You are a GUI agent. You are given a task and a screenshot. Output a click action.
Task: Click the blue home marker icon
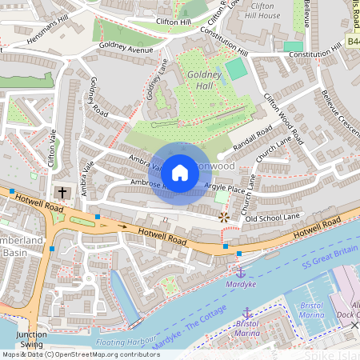pyautogui.click(x=180, y=173)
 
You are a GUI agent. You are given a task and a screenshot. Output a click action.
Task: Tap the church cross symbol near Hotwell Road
pyautogui.click(x=62, y=193)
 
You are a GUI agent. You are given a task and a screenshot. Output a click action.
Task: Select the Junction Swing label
pyautogui.click(x=32, y=339)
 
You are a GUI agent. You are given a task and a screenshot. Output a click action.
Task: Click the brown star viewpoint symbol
pyautogui.click(x=223, y=217)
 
